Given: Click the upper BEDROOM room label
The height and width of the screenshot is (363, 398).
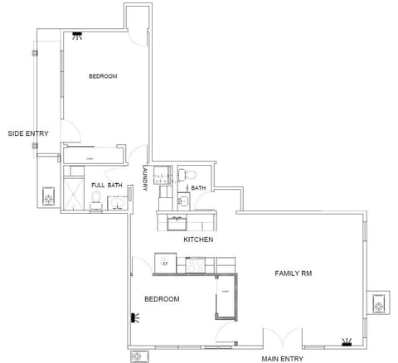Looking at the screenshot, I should tap(103, 76).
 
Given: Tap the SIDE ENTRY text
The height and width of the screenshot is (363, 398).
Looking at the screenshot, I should tap(27, 133).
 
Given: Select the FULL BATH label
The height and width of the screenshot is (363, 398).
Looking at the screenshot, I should tap(107, 185).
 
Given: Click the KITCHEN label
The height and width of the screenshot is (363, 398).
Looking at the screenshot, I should tap(198, 240).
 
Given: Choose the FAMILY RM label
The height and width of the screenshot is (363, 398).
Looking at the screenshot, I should tap(294, 273).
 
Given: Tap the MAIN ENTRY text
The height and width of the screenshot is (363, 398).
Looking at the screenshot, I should tap(282, 359).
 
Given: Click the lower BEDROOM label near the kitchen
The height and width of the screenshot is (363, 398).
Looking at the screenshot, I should tap(163, 298).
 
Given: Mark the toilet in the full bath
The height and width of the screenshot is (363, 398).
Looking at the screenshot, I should tap(96, 198).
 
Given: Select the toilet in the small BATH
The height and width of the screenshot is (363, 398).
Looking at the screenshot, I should tap(189, 175).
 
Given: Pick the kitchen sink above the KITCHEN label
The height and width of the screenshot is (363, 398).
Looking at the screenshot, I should tap(177, 221).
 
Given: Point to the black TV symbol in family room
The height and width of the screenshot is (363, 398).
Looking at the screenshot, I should tap(347, 341).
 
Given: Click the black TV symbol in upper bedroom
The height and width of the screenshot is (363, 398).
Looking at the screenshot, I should tap(77, 35).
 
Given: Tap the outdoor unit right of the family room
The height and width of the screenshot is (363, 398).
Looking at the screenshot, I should tap(379, 305).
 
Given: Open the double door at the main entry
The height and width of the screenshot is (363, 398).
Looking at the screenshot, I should tap(282, 340).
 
